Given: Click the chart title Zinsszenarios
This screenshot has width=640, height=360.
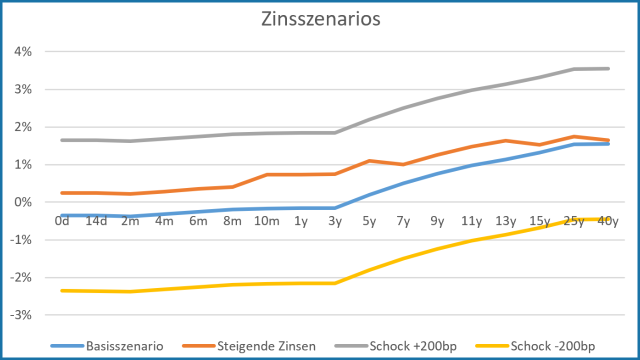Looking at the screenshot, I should coord(320,19).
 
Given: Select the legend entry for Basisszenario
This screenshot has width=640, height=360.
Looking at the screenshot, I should coord(124,346).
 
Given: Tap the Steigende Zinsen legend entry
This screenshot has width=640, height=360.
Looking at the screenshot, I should coord(266,346).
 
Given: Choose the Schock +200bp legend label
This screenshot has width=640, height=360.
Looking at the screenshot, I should coord(413,346).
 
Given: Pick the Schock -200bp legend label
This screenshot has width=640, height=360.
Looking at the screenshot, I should coord(552,346).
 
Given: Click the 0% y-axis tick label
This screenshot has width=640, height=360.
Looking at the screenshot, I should coord(23,202).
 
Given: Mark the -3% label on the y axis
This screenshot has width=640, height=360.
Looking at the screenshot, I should coord(21,315).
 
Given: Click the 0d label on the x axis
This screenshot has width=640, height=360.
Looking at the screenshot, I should coord(62,221).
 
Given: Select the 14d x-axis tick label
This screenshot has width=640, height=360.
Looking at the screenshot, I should coord(96,221).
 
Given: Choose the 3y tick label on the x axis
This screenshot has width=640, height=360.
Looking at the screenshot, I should coord(335,221).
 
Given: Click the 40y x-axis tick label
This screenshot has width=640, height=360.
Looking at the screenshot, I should coord(608,221).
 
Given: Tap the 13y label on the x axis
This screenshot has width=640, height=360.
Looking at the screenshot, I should coord(505,221).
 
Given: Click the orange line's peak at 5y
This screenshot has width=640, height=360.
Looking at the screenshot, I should coord(369,160).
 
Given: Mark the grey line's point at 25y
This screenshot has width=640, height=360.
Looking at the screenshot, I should coord(574,69).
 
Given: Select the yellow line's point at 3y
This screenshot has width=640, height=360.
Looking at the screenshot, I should coord(335,283).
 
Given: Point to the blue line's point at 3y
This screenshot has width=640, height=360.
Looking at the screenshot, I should coord(335,207).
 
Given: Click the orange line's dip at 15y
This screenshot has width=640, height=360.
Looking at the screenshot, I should coord(540,144).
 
